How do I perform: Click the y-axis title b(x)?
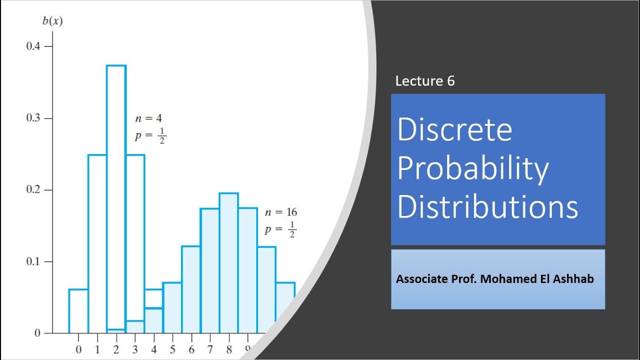pos(52,22)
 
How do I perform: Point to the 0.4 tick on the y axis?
pos(35,46)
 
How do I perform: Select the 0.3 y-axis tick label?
pos(35,118)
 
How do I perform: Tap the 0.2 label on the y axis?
pos(35,190)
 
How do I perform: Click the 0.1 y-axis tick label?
pos(35,262)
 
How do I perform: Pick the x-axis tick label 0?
pos(78,349)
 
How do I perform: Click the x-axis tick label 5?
pos(172,349)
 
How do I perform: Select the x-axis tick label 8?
pos(229,349)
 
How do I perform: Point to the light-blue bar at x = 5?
pos(172,307)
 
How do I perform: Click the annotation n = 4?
pos(148,118)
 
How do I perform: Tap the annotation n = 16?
pos(280,212)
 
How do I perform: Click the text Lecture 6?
pos(425,81)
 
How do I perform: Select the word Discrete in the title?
pos(454,129)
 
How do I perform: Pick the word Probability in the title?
pos(473,168)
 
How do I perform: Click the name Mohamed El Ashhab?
pos(537,279)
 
